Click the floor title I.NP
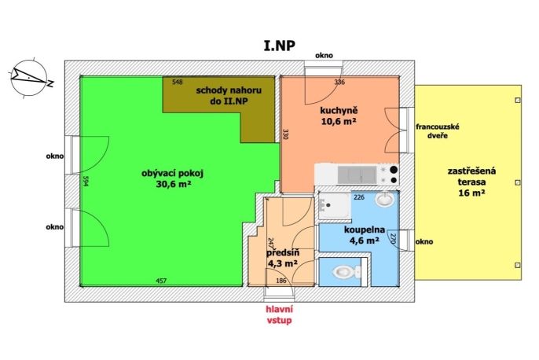pos(280,46)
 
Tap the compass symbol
pos(30,78)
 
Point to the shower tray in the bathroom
pos(334,206)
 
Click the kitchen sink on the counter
pos(357,174)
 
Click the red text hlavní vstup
pos(280,314)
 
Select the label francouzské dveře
pos(437,131)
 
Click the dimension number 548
pos(178,82)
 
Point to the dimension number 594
pos(86,182)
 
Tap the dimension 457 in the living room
pos(161,281)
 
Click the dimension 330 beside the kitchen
pos(285,134)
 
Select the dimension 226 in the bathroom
pos(359,197)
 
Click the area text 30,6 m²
pos(174,184)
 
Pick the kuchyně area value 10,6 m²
pos(339,121)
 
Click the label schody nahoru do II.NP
pos(229,96)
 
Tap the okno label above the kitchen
pos(324,55)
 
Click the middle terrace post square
pos(518,182)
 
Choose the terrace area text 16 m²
pos(471,193)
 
